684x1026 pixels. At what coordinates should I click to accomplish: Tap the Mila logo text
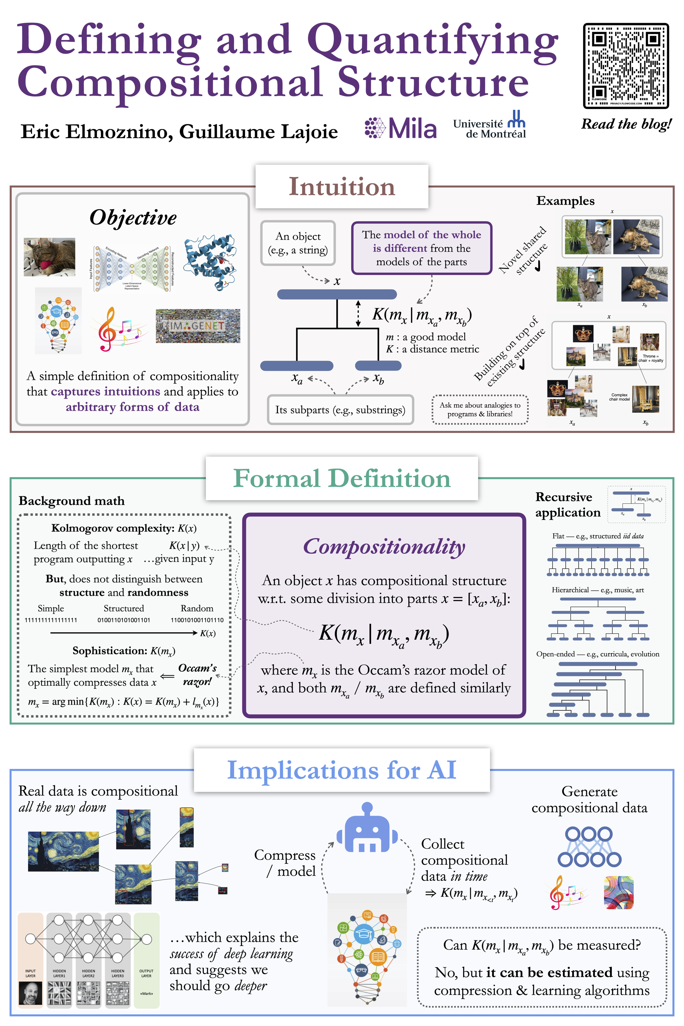(x=412, y=128)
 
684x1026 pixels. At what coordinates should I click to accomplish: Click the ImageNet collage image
(x=198, y=326)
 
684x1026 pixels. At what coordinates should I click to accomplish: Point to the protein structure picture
(x=210, y=262)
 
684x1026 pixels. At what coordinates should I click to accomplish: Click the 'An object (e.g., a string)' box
(x=298, y=243)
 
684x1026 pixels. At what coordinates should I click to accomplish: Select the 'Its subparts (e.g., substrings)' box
(x=340, y=410)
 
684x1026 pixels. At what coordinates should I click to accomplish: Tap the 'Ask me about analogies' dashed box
(x=480, y=410)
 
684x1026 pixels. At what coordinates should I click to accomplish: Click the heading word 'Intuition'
(x=342, y=187)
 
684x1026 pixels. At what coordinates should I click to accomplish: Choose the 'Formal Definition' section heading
(x=342, y=478)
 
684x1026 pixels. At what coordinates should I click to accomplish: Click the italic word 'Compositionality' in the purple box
(x=384, y=546)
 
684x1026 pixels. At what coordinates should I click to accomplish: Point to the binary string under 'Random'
(x=197, y=620)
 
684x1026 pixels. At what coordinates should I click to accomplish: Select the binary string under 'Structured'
(x=124, y=620)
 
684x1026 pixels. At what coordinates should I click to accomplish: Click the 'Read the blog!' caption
(x=626, y=124)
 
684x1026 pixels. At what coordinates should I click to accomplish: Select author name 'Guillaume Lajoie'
(x=258, y=132)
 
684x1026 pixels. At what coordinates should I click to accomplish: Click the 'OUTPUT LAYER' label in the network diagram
(x=146, y=973)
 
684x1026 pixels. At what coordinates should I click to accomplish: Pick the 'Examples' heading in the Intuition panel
(x=565, y=201)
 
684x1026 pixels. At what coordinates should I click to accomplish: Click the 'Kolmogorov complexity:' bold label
(x=113, y=528)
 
